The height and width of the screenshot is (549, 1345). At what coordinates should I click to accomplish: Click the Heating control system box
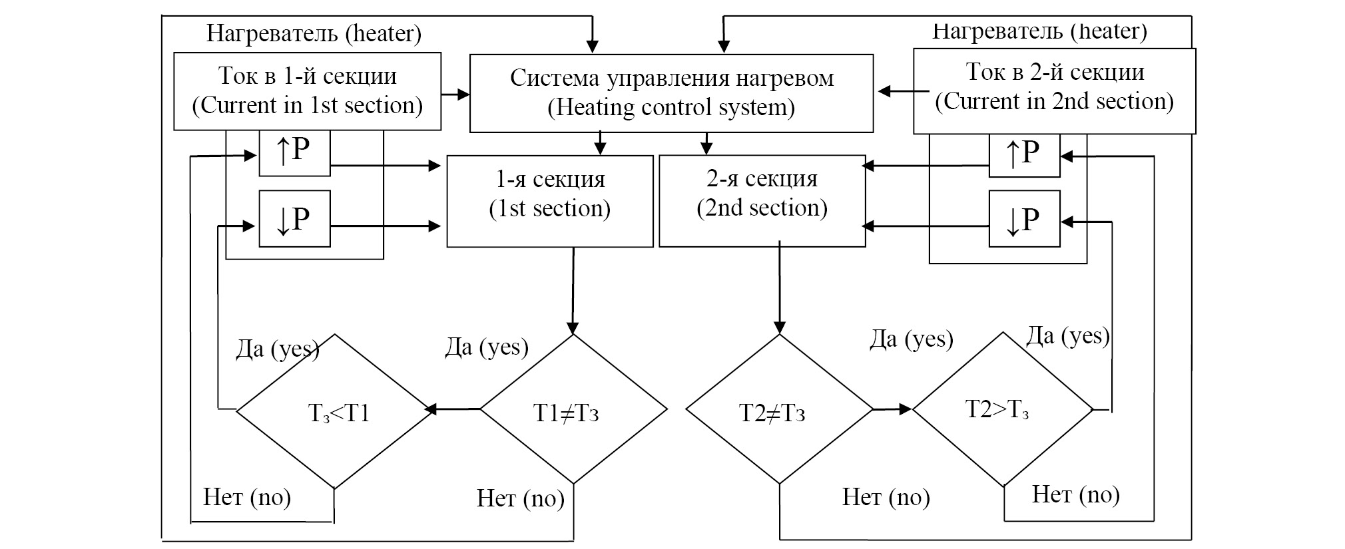(x=671, y=93)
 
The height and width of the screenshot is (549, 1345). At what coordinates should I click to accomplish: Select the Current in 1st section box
(x=307, y=91)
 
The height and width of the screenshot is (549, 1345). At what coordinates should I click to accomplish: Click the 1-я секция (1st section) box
(x=549, y=201)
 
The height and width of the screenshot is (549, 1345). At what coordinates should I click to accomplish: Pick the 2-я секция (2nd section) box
(x=762, y=201)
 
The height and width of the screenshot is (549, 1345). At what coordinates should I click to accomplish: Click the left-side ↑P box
(x=294, y=153)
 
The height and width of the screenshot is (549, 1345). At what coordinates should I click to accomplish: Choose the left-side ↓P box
(x=294, y=218)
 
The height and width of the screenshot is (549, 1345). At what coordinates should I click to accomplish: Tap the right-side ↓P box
(x=1024, y=219)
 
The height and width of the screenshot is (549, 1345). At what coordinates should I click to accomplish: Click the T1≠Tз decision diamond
(x=573, y=409)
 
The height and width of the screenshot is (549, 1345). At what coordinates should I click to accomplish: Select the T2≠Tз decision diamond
(x=779, y=409)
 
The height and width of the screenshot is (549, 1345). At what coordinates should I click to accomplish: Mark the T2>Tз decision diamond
(x=1003, y=409)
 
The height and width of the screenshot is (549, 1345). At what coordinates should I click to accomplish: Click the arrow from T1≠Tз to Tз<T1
(x=457, y=409)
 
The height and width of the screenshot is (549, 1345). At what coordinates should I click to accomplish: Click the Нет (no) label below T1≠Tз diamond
(x=521, y=498)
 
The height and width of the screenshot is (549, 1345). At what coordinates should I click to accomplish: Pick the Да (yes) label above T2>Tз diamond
(x=1068, y=336)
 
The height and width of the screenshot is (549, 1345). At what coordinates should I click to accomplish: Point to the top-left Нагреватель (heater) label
(x=314, y=33)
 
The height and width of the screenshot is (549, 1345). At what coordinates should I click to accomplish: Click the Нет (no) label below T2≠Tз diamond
(x=886, y=497)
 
